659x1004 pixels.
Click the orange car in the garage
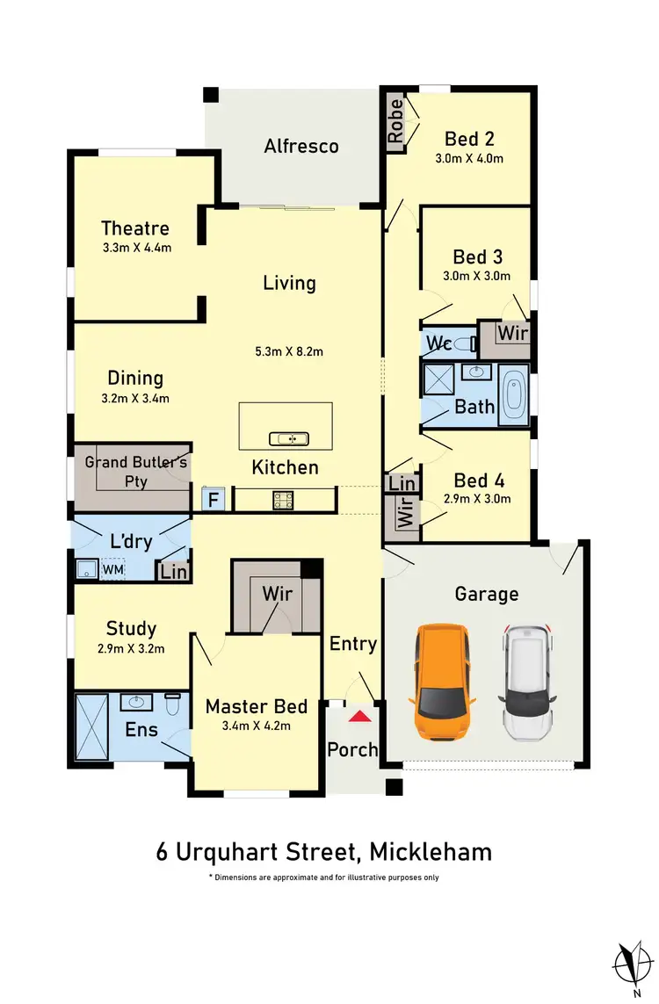point(440,682)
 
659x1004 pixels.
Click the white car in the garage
point(527,682)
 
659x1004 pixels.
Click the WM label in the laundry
point(113,569)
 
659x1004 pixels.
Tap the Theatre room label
point(134,228)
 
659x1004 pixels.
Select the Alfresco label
point(301,146)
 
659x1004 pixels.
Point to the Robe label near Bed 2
point(396,121)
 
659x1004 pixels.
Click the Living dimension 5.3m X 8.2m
point(289,351)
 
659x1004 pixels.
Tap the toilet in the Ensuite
point(173,704)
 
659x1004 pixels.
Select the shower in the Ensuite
point(91,726)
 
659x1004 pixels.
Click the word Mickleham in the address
point(431,851)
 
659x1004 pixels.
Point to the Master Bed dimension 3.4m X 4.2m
point(257,726)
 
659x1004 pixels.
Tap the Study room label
point(131,628)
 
